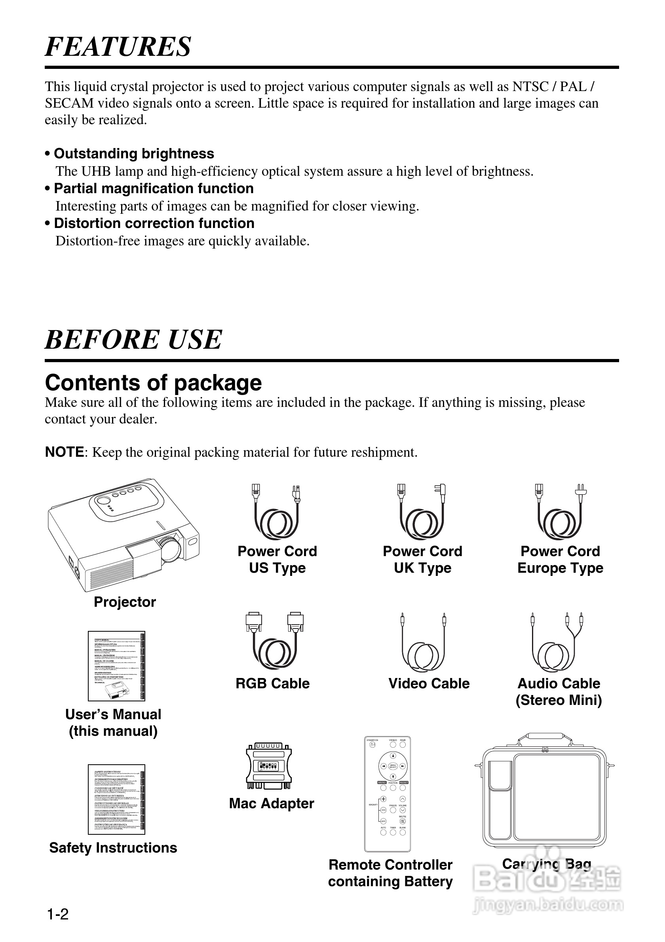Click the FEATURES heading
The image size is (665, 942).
pos(118,46)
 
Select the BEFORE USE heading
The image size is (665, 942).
pos(133,340)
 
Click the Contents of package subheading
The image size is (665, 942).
pos(153,383)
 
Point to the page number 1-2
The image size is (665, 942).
pos(58,915)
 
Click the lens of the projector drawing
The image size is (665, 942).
pos(171,549)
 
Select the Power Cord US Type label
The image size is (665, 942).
pos(277,560)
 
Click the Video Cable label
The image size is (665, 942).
pos(429,684)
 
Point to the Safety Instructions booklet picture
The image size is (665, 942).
pos(116,799)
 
